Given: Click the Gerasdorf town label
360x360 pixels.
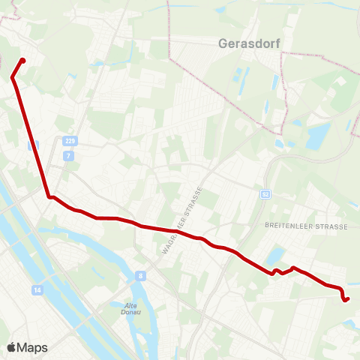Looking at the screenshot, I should click(249, 43).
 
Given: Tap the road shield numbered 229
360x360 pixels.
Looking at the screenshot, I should click(70, 140).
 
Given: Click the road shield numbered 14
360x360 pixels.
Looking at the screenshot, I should click(37, 289).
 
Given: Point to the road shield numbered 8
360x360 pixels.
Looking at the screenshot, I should click(140, 275).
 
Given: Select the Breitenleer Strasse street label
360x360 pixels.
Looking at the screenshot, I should click(306, 226).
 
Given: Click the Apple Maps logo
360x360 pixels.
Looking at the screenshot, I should click(27, 347).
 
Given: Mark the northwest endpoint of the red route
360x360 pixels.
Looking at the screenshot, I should click(22, 61).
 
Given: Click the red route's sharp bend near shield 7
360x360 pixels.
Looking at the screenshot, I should click(49, 197).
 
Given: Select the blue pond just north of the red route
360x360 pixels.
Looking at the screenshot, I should click(275, 255).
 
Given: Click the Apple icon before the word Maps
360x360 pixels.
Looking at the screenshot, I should click(11, 347).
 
